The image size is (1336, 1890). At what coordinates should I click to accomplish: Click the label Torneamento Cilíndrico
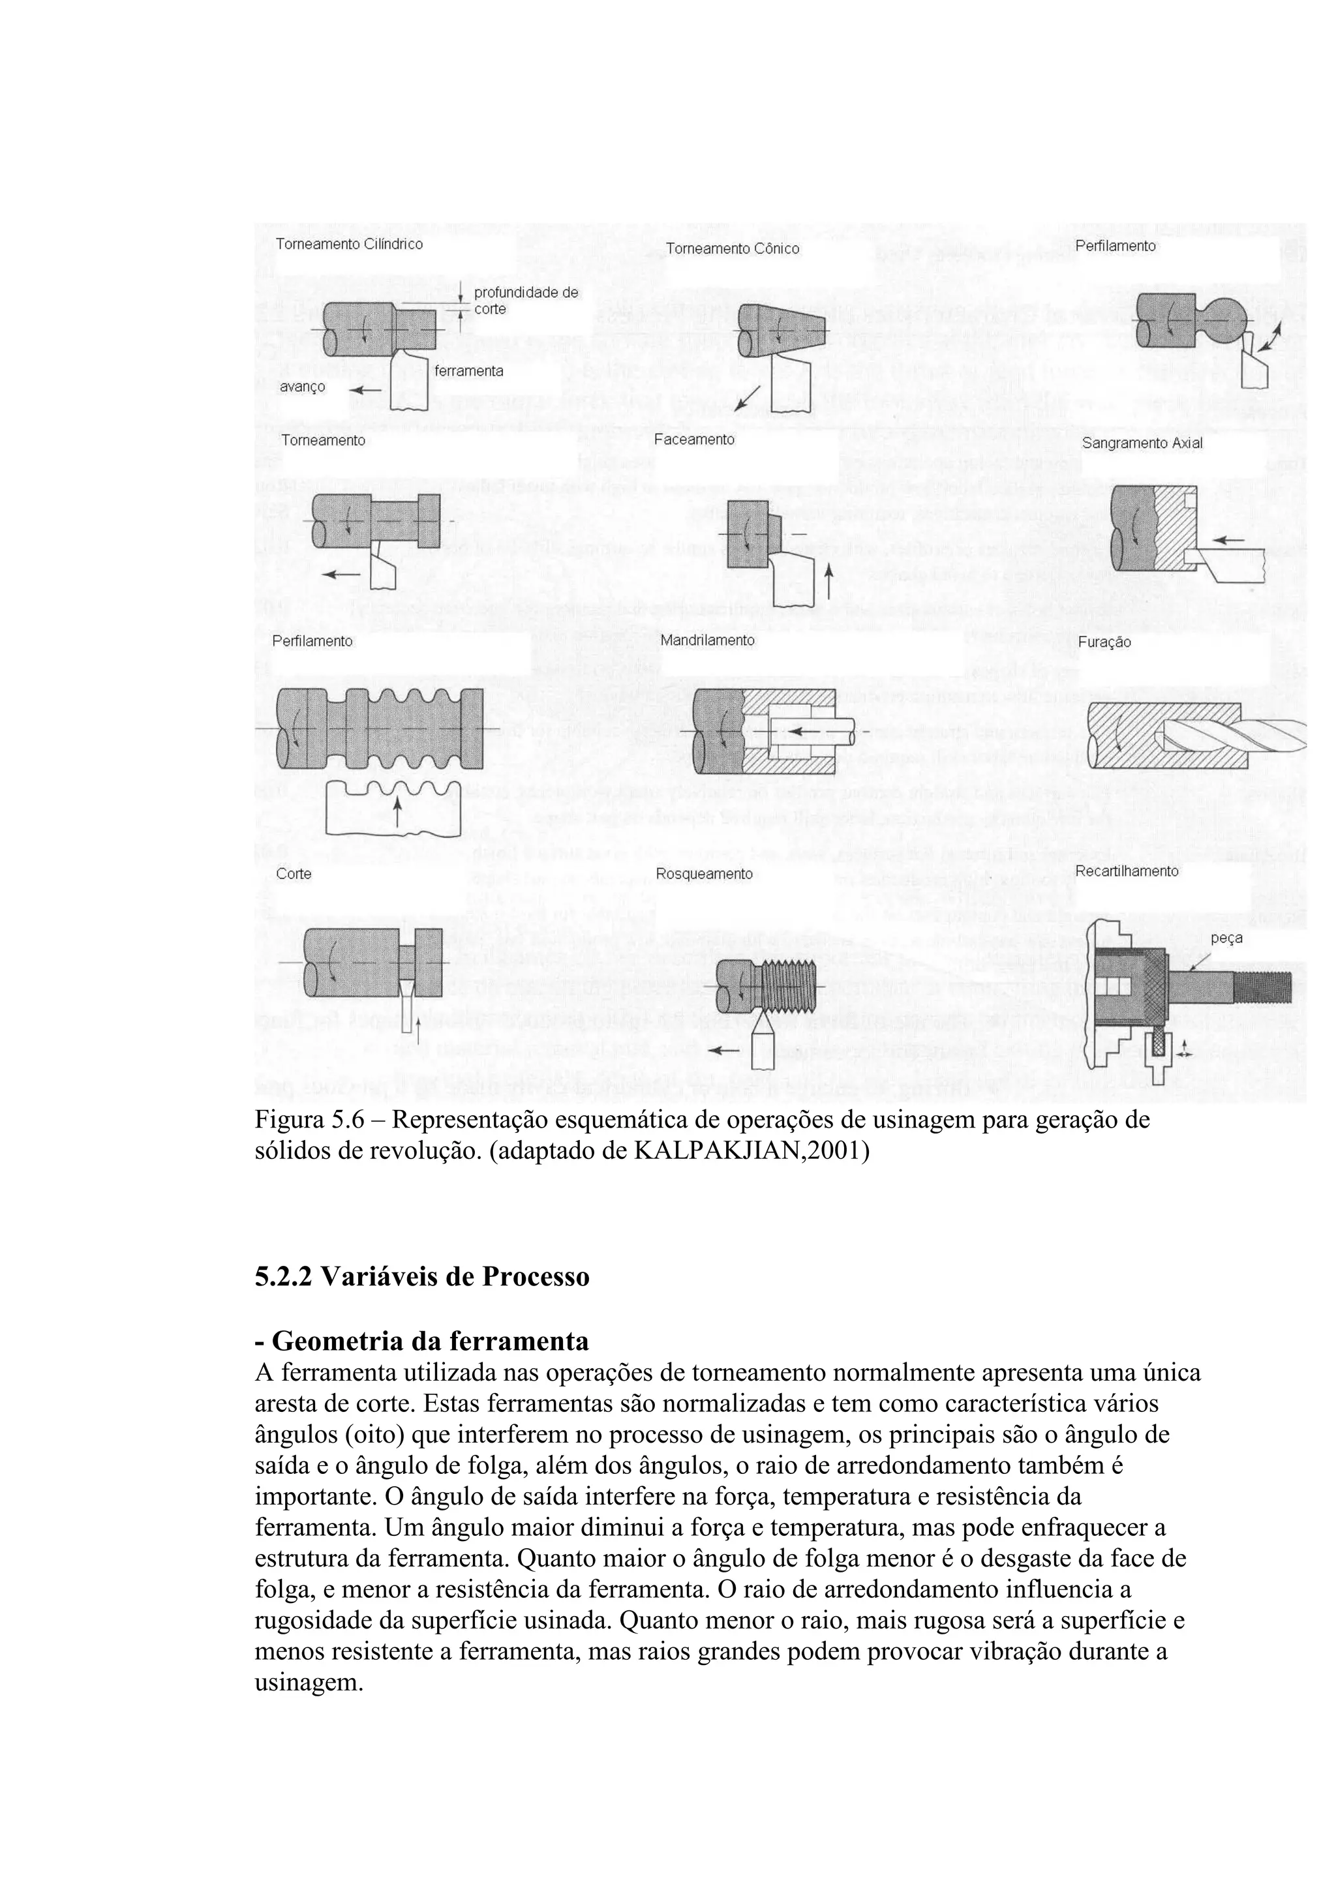click(x=349, y=245)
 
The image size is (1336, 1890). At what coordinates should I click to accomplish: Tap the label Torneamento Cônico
click(x=732, y=248)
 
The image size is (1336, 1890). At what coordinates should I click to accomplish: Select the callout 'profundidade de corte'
click(x=525, y=301)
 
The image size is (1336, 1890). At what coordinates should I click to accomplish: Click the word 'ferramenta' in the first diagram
click(x=468, y=371)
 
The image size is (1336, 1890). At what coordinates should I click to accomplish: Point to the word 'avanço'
click(x=302, y=387)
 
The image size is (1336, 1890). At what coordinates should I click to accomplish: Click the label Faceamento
click(x=694, y=440)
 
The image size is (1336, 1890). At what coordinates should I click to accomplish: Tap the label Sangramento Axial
click(x=1142, y=443)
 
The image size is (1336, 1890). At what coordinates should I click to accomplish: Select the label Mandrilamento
click(x=707, y=640)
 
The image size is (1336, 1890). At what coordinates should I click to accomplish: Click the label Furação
click(x=1104, y=642)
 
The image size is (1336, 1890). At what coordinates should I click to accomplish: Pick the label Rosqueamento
click(x=704, y=873)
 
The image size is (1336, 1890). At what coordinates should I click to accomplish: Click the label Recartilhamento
click(x=1127, y=871)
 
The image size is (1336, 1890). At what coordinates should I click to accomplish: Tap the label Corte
click(x=293, y=873)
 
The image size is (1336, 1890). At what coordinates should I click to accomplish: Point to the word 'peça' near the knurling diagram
click(x=1226, y=938)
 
